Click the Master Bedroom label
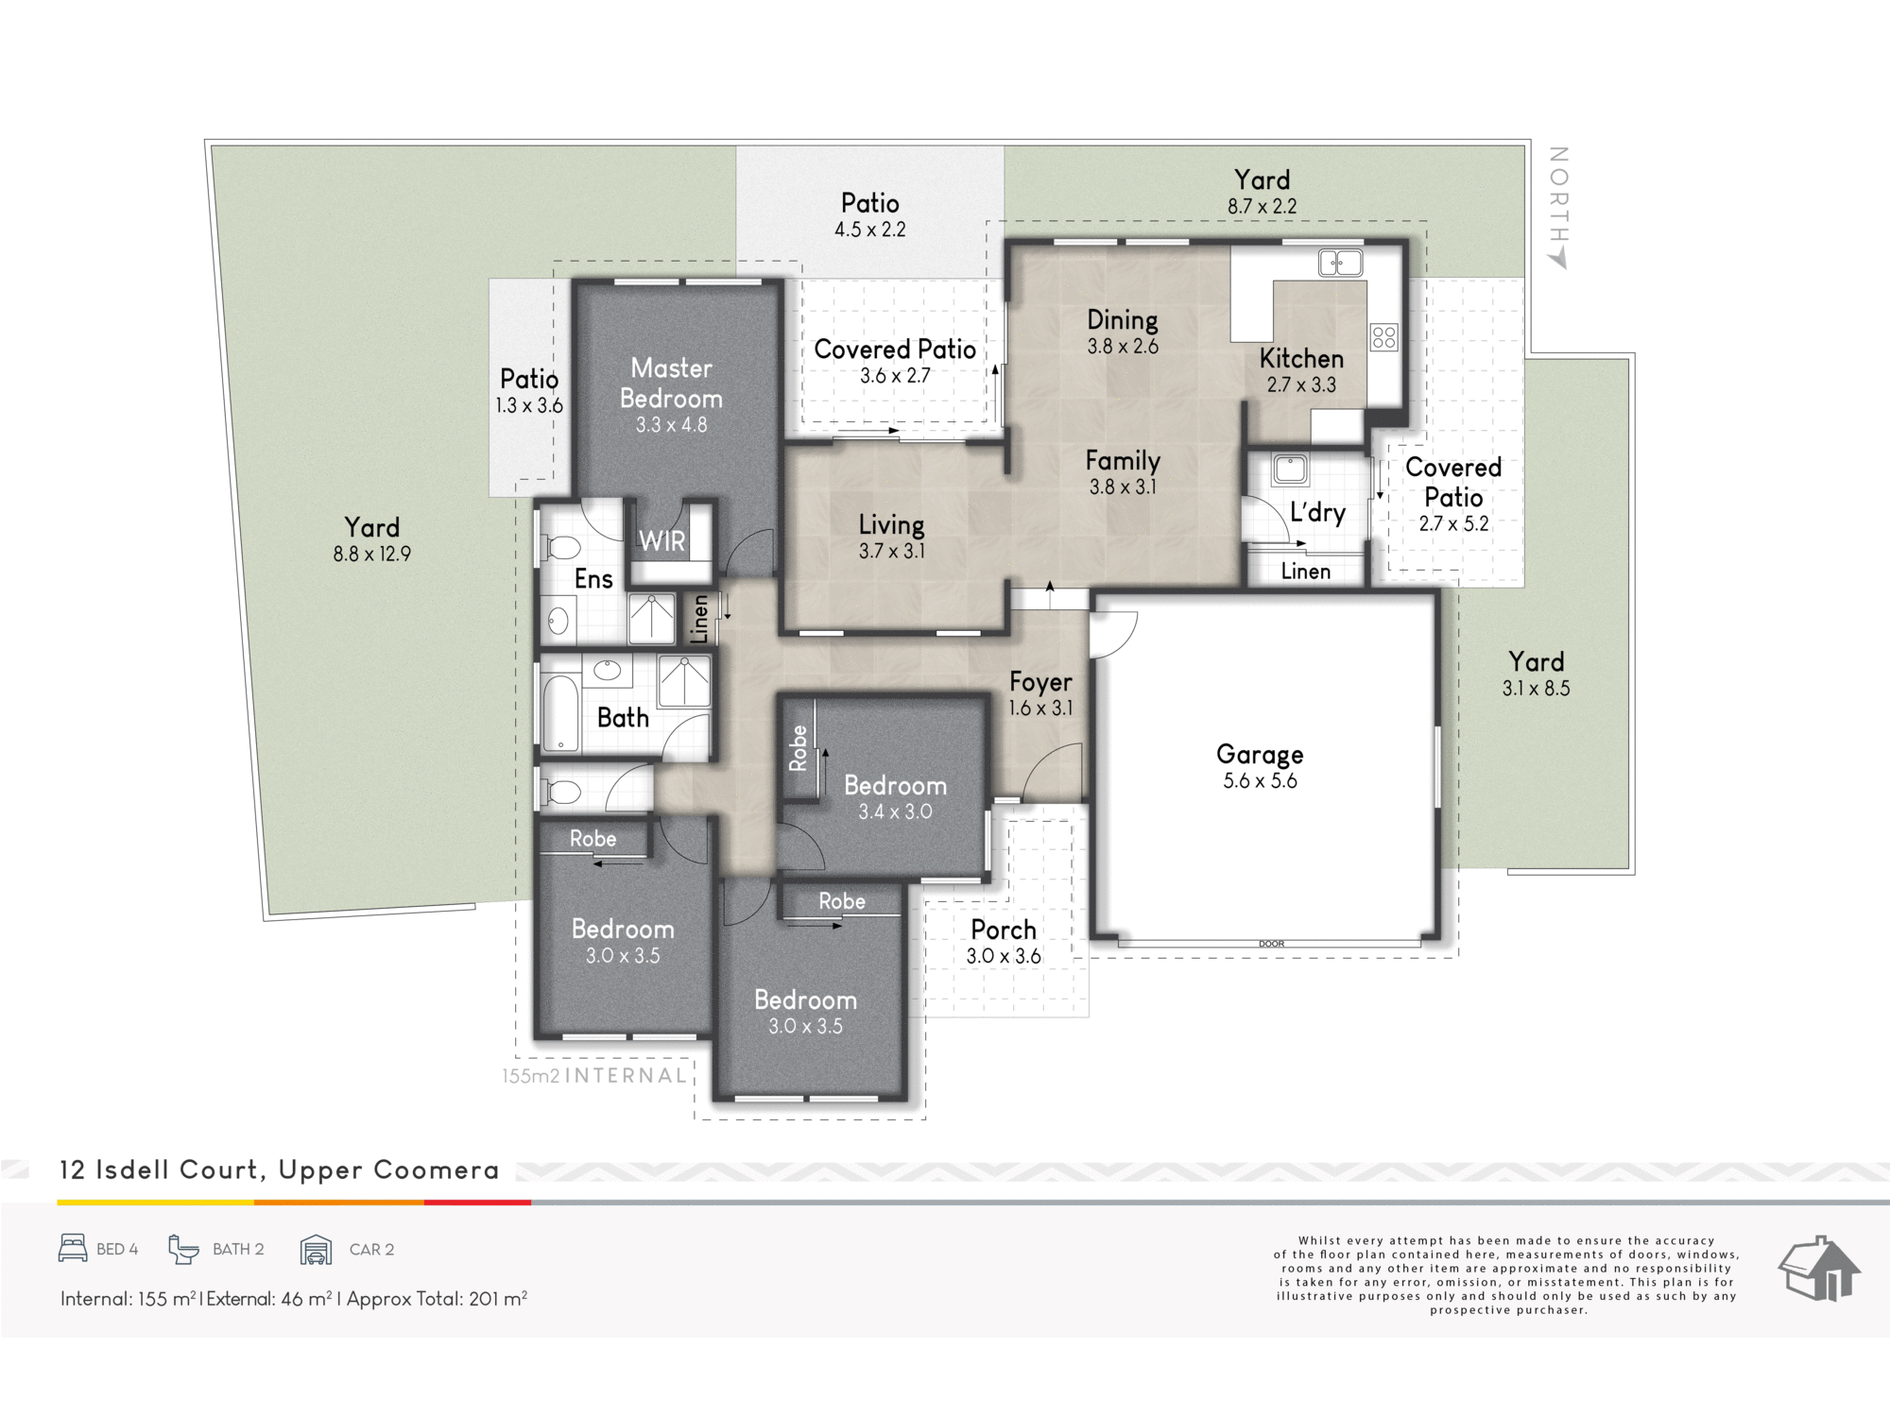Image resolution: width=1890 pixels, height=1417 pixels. tap(671, 383)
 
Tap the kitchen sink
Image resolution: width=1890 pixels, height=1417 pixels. tap(1340, 263)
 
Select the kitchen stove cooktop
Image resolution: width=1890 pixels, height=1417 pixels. tap(1384, 337)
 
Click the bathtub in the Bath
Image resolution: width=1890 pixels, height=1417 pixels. tap(560, 712)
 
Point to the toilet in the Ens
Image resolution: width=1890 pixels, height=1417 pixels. tap(558, 548)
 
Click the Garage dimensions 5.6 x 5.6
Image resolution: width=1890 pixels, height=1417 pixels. tap(1260, 781)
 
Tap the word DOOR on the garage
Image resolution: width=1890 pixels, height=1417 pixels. tap(1271, 944)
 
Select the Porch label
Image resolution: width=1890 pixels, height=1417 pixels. tap(1004, 930)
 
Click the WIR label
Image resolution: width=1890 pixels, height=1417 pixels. tap(661, 541)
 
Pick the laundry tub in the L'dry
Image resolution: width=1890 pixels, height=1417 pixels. tap(1289, 469)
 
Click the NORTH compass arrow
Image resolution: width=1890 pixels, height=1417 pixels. tap(1557, 257)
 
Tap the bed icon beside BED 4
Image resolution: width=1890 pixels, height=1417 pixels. tap(73, 1248)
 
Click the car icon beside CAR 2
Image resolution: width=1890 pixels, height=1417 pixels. tap(316, 1249)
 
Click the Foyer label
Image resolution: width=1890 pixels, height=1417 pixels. tap(1040, 682)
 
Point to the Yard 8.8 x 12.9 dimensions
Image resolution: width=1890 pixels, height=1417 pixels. tap(371, 555)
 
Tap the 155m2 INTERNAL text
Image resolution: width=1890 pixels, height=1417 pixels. tap(594, 1075)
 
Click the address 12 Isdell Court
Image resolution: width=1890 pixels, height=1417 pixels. tap(159, 1169)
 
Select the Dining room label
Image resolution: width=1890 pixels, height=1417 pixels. tap(1122, 320)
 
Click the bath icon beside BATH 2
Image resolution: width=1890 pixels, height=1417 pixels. tap(184, 1249)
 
